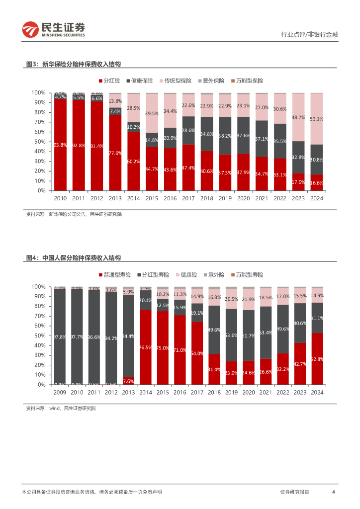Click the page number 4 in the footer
(333, 492)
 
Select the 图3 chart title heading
(74, 65)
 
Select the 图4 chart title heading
(74, 258)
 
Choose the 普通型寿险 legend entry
(117, 274)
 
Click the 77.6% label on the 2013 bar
(115, 153)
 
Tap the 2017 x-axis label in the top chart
(188, 198)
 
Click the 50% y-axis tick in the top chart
(39, 142)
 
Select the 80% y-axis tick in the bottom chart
(39, 306)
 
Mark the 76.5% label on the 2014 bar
(146, 347)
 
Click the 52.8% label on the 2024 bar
(317, 359)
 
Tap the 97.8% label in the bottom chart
(60, 337)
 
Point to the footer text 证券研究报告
(294, 492)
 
